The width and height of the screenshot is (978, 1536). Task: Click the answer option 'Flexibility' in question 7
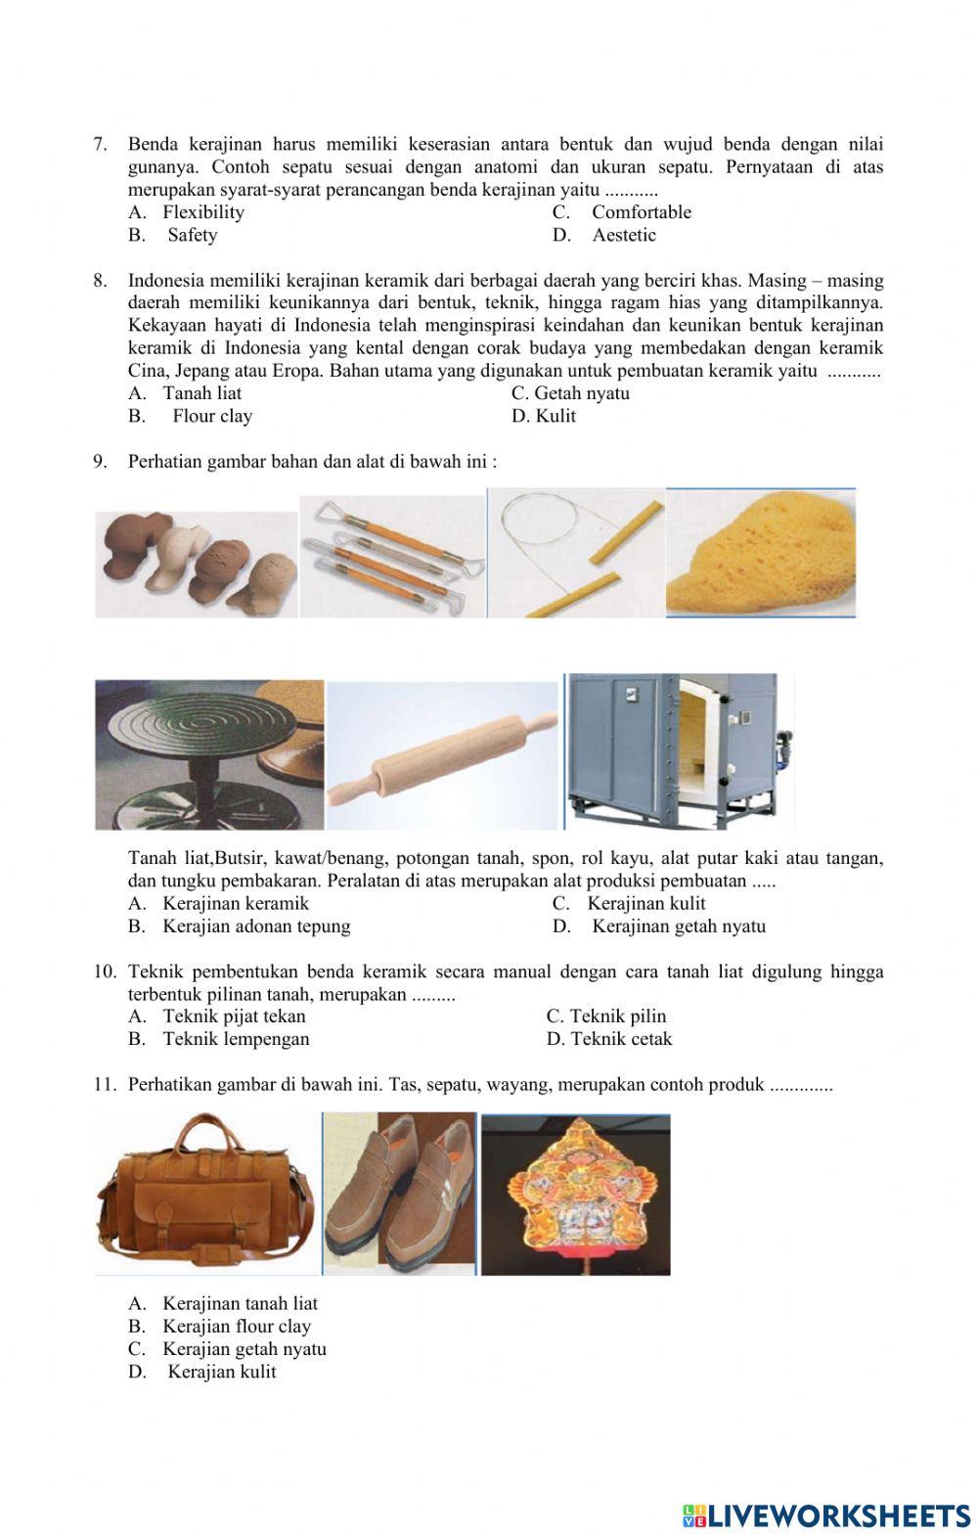coord(202,212)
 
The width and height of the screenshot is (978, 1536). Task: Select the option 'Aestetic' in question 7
coord(623,235)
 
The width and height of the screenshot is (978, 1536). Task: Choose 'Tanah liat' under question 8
coord(201,393)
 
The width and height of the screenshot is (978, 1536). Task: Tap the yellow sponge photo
coord(760,553)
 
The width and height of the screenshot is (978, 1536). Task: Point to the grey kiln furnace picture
coord(680,750)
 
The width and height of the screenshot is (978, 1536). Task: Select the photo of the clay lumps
coord(196,564)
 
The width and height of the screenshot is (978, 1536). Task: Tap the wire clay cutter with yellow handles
coord(576,554)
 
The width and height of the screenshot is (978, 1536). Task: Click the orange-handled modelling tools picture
coord(392,556)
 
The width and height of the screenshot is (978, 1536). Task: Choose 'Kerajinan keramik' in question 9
coord(235,903)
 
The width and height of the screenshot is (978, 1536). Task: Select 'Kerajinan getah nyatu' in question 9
coord(678,926)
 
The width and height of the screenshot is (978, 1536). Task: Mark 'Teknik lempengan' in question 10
coord(235,1039)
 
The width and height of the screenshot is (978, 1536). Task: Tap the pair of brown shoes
coord(399,1195)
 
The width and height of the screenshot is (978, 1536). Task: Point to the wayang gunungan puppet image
coord(575,1194)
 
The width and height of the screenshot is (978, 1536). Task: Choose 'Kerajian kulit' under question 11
coord(221,1372)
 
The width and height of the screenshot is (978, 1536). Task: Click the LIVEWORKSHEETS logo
coord(826,1515)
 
